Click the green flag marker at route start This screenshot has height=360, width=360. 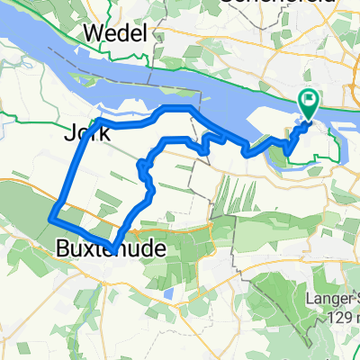point(308,103)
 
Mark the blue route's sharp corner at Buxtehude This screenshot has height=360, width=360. point(112,249)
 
